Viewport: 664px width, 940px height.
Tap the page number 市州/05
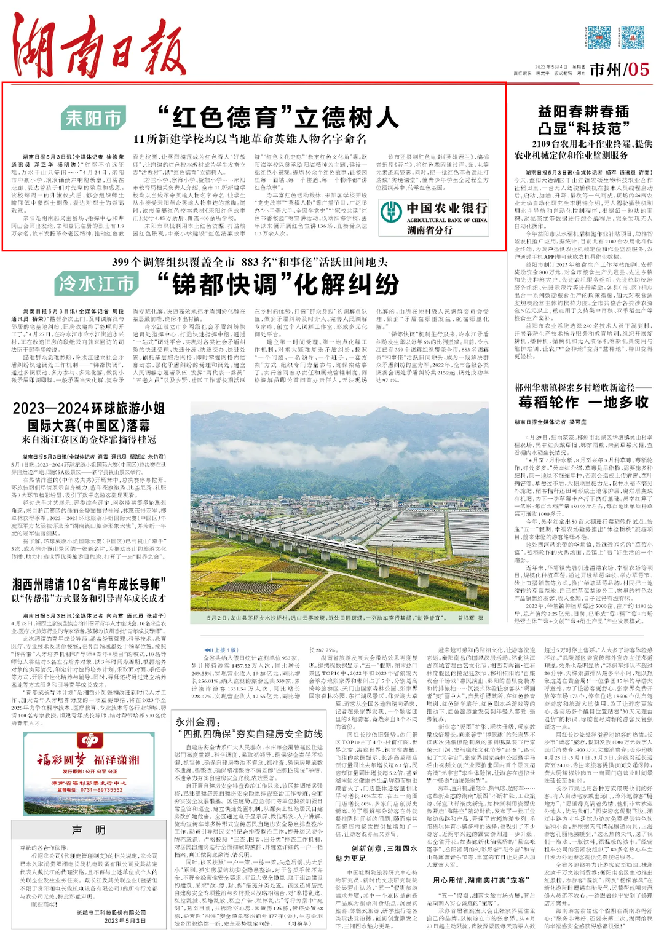coord(619,69)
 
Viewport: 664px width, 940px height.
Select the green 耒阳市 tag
coord(93,118)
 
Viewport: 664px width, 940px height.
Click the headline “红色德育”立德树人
coord(278,117)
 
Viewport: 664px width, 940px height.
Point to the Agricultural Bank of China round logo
coord(391,211)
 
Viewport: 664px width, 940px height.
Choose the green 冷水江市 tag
coord(96,284)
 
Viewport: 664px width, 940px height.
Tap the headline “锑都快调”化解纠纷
coord(278,284)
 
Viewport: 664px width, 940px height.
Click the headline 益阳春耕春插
coord(583,111)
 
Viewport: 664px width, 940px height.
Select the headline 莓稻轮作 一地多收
coord(583,402)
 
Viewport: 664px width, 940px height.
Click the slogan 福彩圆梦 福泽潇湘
coord(89,760)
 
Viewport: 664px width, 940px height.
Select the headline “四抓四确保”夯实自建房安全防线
coord(249,733)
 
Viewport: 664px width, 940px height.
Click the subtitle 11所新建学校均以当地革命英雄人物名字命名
coord(250,139)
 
